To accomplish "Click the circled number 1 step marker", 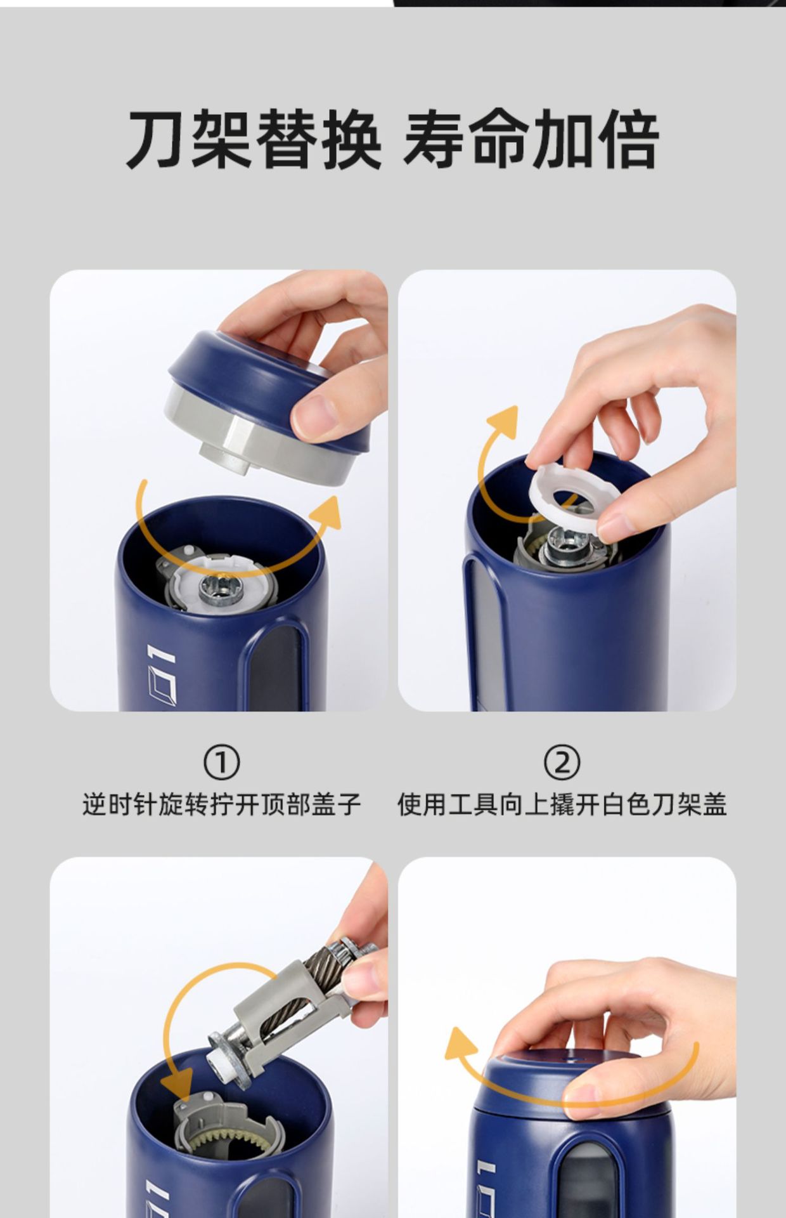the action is pos(221,763).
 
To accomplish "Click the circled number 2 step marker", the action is pos(562,763).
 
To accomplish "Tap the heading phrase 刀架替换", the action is pos(255,139).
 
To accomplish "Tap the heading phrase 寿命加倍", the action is pos(531,139).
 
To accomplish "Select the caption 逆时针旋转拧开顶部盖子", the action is pos(221,805).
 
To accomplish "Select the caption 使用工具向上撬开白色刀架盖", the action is pos(562,805).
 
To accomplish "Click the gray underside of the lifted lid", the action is pos(254,438).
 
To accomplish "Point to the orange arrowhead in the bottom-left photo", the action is pos(177,1085).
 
